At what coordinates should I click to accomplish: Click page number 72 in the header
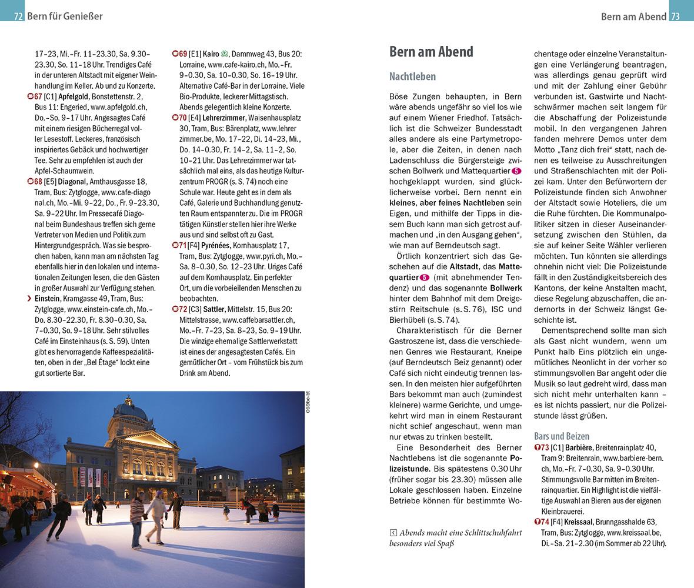pos(18,16)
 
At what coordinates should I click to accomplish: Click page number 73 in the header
pos(675,16)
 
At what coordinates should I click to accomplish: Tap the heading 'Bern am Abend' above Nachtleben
pos(431,52)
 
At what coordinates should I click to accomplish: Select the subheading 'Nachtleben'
pos(412,76)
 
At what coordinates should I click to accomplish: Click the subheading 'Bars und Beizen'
pos(561,436)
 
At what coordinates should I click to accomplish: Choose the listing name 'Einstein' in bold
pos(48,299)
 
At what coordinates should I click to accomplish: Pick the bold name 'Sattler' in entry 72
pos(214,309)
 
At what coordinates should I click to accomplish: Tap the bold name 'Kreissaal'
pos(575,522)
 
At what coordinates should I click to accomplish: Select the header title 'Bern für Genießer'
pos(65,16)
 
